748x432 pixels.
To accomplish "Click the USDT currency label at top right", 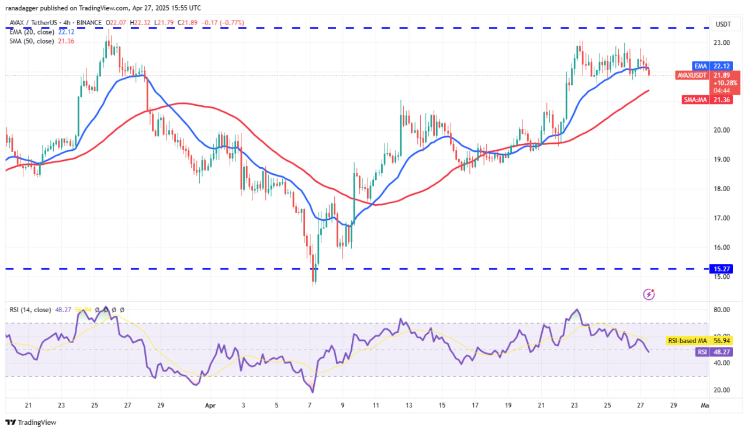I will click(724, 25).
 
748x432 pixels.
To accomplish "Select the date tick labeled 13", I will click(409, 404).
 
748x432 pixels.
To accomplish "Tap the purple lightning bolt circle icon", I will click(649, 294).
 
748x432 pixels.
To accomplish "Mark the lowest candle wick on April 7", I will click(314, 284).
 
